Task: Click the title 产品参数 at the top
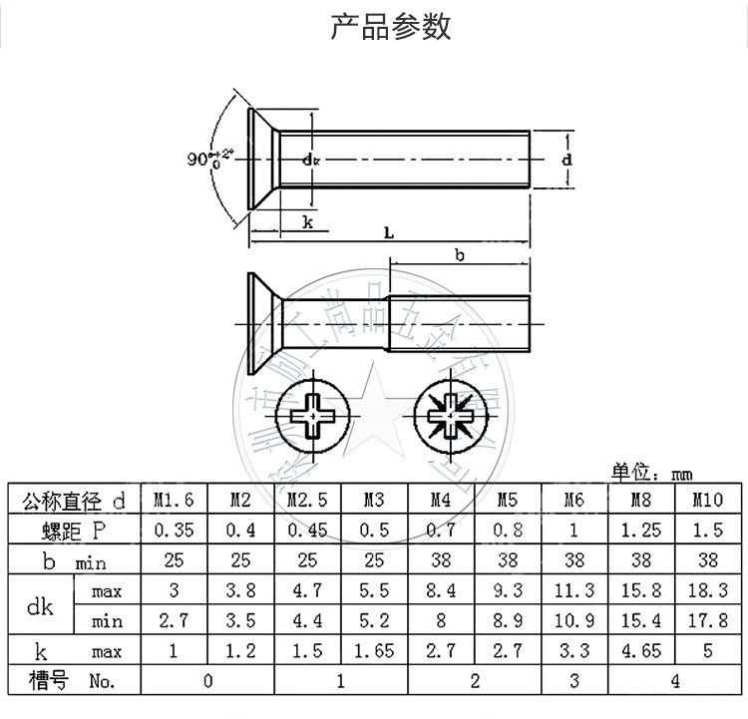(x=390, y=26)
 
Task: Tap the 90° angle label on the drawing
(x=209, y=159)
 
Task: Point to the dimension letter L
(x=389, y=231)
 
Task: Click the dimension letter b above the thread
(x=459, y=255)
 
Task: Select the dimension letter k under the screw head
(x=308, y=222)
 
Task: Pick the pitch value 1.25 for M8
(x=640, y=530)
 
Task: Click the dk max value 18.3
(x=707, y=590)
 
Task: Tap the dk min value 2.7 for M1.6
(x=174, y=620)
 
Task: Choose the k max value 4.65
(x=640, y=651)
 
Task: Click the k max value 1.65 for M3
(x=373, y=651)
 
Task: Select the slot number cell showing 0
(x=207, y=681)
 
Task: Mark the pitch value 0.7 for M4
(x=440, y=530)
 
